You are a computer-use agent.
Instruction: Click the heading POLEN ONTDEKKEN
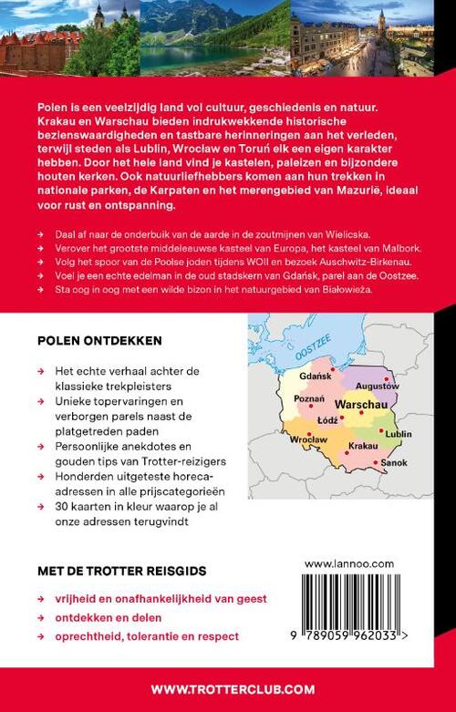pos(100,341)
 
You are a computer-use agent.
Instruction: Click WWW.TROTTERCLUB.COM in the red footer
pos(227,689)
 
